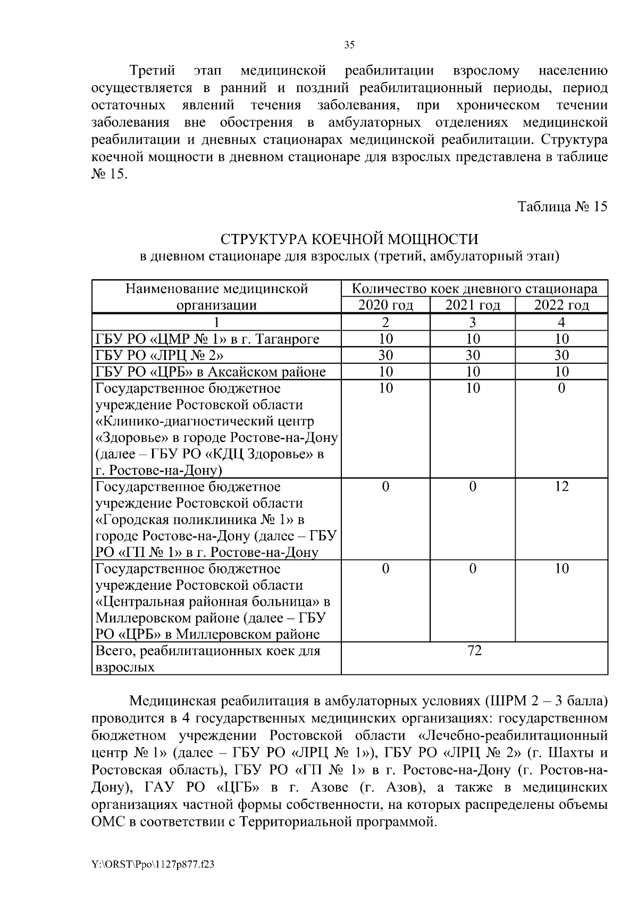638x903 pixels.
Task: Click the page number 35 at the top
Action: tap(349, 45)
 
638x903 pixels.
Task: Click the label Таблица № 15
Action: tap(562, 207)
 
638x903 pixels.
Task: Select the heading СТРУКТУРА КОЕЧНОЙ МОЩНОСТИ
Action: tap(349, 239)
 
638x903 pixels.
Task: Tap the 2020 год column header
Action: tap(385, 305)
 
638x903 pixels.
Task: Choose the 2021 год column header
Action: tap(472, 305)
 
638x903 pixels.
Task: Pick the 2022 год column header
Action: tap(561, 305)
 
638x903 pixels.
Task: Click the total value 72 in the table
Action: tap(474, 650)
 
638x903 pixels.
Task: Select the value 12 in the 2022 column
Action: tap(561, 487)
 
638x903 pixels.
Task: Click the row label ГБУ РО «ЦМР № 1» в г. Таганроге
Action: tap(207, 339)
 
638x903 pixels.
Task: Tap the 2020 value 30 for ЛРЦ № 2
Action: tap(385, 355)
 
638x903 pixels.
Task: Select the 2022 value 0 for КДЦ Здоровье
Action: tap(561, 388)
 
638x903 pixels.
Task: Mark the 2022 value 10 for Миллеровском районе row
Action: tap(561, 568)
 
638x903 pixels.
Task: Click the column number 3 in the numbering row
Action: tap(472, 322)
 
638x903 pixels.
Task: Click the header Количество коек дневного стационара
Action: tap(474, 289)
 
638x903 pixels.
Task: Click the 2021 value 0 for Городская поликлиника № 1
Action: tap(472, 487)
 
